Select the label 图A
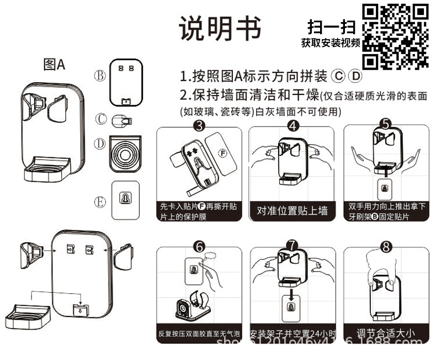point(54,65)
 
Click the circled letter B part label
point(99,76)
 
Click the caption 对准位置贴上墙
point(293,210)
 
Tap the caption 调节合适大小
point(386,333)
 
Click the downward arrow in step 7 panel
point(293,285)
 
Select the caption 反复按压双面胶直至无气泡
point(199,334)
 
